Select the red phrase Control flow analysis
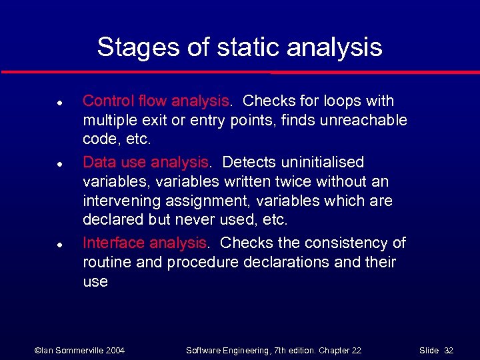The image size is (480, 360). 155,101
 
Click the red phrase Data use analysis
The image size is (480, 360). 146,162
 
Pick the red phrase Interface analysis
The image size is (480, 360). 145,243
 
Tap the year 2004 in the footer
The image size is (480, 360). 113,350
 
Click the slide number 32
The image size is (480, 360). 450,350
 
